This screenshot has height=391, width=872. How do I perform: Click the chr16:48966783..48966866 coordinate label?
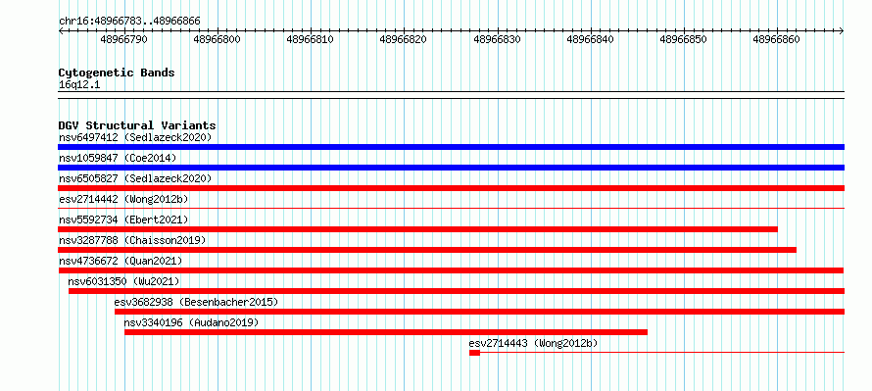[x=129, y=22]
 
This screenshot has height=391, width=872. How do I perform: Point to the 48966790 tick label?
[x=124, y=40]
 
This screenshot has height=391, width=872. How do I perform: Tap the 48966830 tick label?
[x=497, y=40]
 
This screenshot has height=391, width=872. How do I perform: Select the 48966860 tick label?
[x=776, y=40]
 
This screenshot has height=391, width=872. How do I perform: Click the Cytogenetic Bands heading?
[x=117, y=73]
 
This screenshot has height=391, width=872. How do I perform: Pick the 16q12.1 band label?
[x=79, y=85]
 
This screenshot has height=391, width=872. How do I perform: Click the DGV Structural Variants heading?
[x=137, y=125]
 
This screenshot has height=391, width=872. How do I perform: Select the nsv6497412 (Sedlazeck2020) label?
[x=135, y=137]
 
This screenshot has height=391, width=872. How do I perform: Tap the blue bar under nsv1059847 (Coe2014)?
[x=451, y=168]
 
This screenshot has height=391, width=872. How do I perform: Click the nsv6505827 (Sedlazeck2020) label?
[x=135, y=178]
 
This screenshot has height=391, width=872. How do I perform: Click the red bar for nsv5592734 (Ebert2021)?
[x=417, y=229]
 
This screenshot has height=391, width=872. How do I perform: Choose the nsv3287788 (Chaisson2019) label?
[x=132, y=240]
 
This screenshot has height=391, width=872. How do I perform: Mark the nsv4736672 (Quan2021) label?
[x=121, y=261]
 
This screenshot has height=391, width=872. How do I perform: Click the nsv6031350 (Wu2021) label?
[x=124, y=281]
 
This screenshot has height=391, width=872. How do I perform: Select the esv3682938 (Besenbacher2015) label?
[x=196, y=302]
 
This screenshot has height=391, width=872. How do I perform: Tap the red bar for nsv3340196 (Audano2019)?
[x=386, y=332]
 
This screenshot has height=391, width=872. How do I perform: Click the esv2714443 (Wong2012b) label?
[x=533, y=343]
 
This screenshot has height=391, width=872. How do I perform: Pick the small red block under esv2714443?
[x=474, y=353]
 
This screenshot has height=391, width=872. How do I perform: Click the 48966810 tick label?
[x=311, y=40]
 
